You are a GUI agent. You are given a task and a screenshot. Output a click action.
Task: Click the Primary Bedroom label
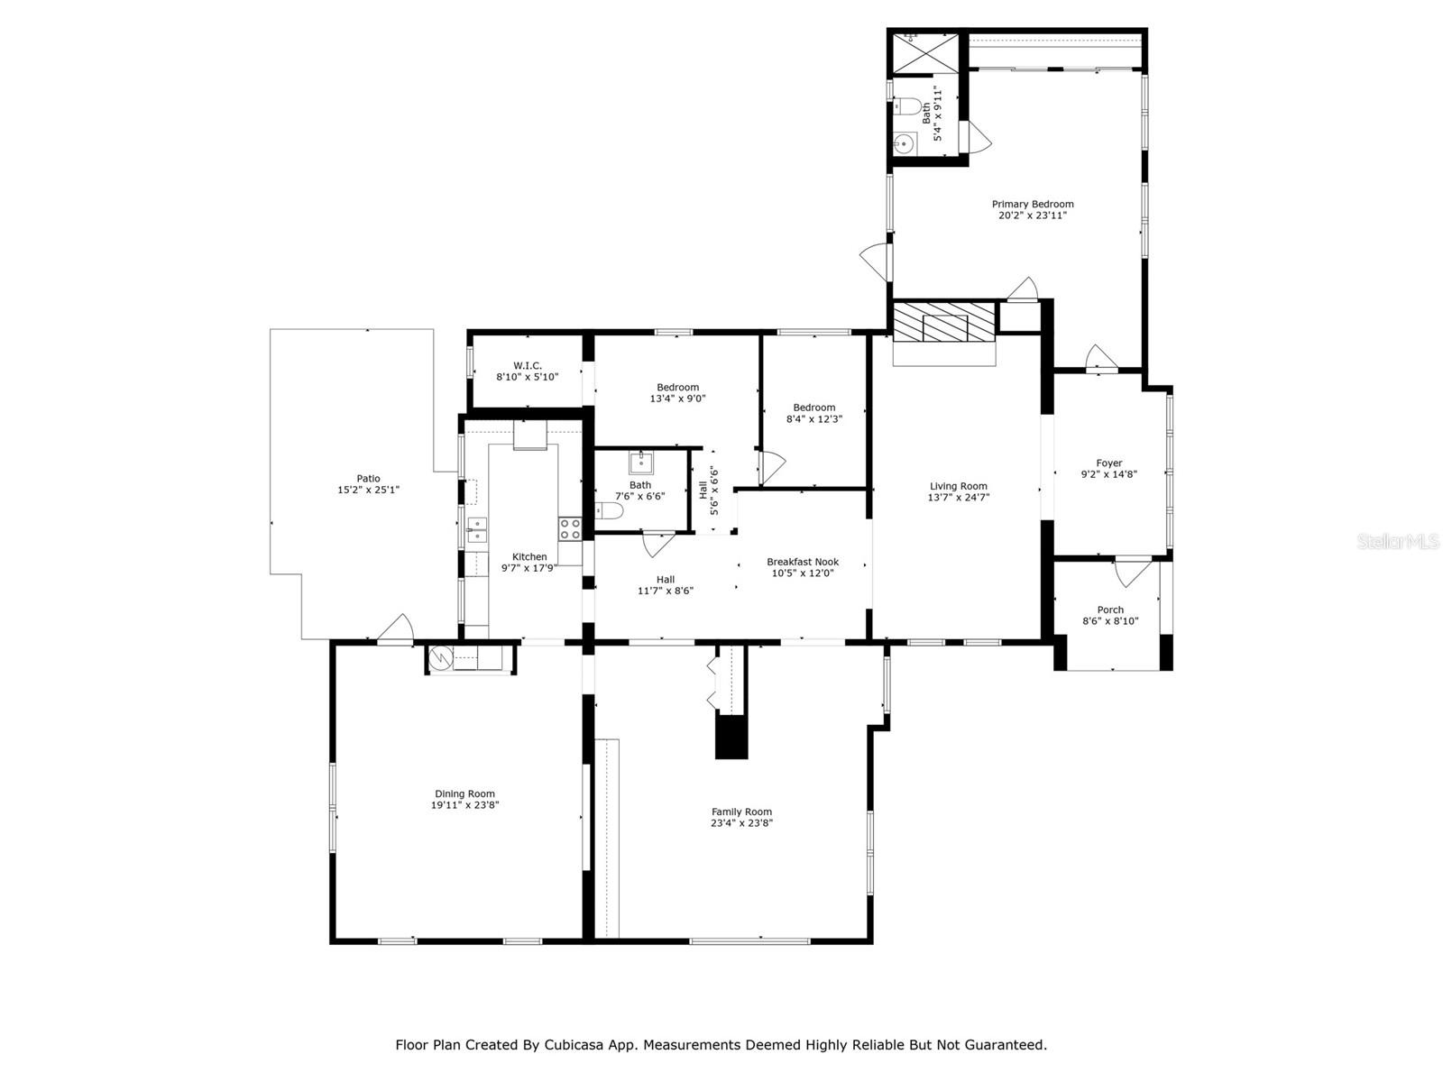click(x=1032, y=205)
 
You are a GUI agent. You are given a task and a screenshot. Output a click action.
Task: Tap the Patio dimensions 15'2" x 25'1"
click(x=368, y=490)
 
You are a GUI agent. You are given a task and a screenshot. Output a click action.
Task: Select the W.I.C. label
click(x=528, y=365)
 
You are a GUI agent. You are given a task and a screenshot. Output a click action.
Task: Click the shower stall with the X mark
click(x=925, y=52)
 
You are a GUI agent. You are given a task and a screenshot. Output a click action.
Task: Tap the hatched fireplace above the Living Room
click(x=944, y=322)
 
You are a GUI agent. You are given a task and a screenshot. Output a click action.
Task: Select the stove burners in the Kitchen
click(x=569, y=529)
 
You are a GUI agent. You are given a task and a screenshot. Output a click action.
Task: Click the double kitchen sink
click(x=477, y=529)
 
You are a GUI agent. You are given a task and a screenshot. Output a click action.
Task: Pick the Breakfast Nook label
click(x=802, y=562)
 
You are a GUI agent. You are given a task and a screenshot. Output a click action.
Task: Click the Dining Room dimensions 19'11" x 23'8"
click(x=464, y=805)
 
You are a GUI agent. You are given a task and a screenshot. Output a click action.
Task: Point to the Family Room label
click(x=741, y=811)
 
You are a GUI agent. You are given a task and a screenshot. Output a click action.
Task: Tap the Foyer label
click(x=1109, y=463)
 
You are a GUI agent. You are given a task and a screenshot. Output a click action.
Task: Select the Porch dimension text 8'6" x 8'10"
click(x=1110, y=621)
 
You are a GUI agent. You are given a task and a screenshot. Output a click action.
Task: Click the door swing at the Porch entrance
click(x=1132, y=572)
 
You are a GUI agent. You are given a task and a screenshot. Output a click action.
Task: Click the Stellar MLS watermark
click(x=1398, y=541)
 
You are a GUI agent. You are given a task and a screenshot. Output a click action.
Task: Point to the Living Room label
click(x=958, y=486)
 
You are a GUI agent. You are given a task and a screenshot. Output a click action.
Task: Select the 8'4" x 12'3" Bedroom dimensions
click(x=813, y=418)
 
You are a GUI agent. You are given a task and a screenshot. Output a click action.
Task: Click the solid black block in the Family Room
click(x=731, y=737)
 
